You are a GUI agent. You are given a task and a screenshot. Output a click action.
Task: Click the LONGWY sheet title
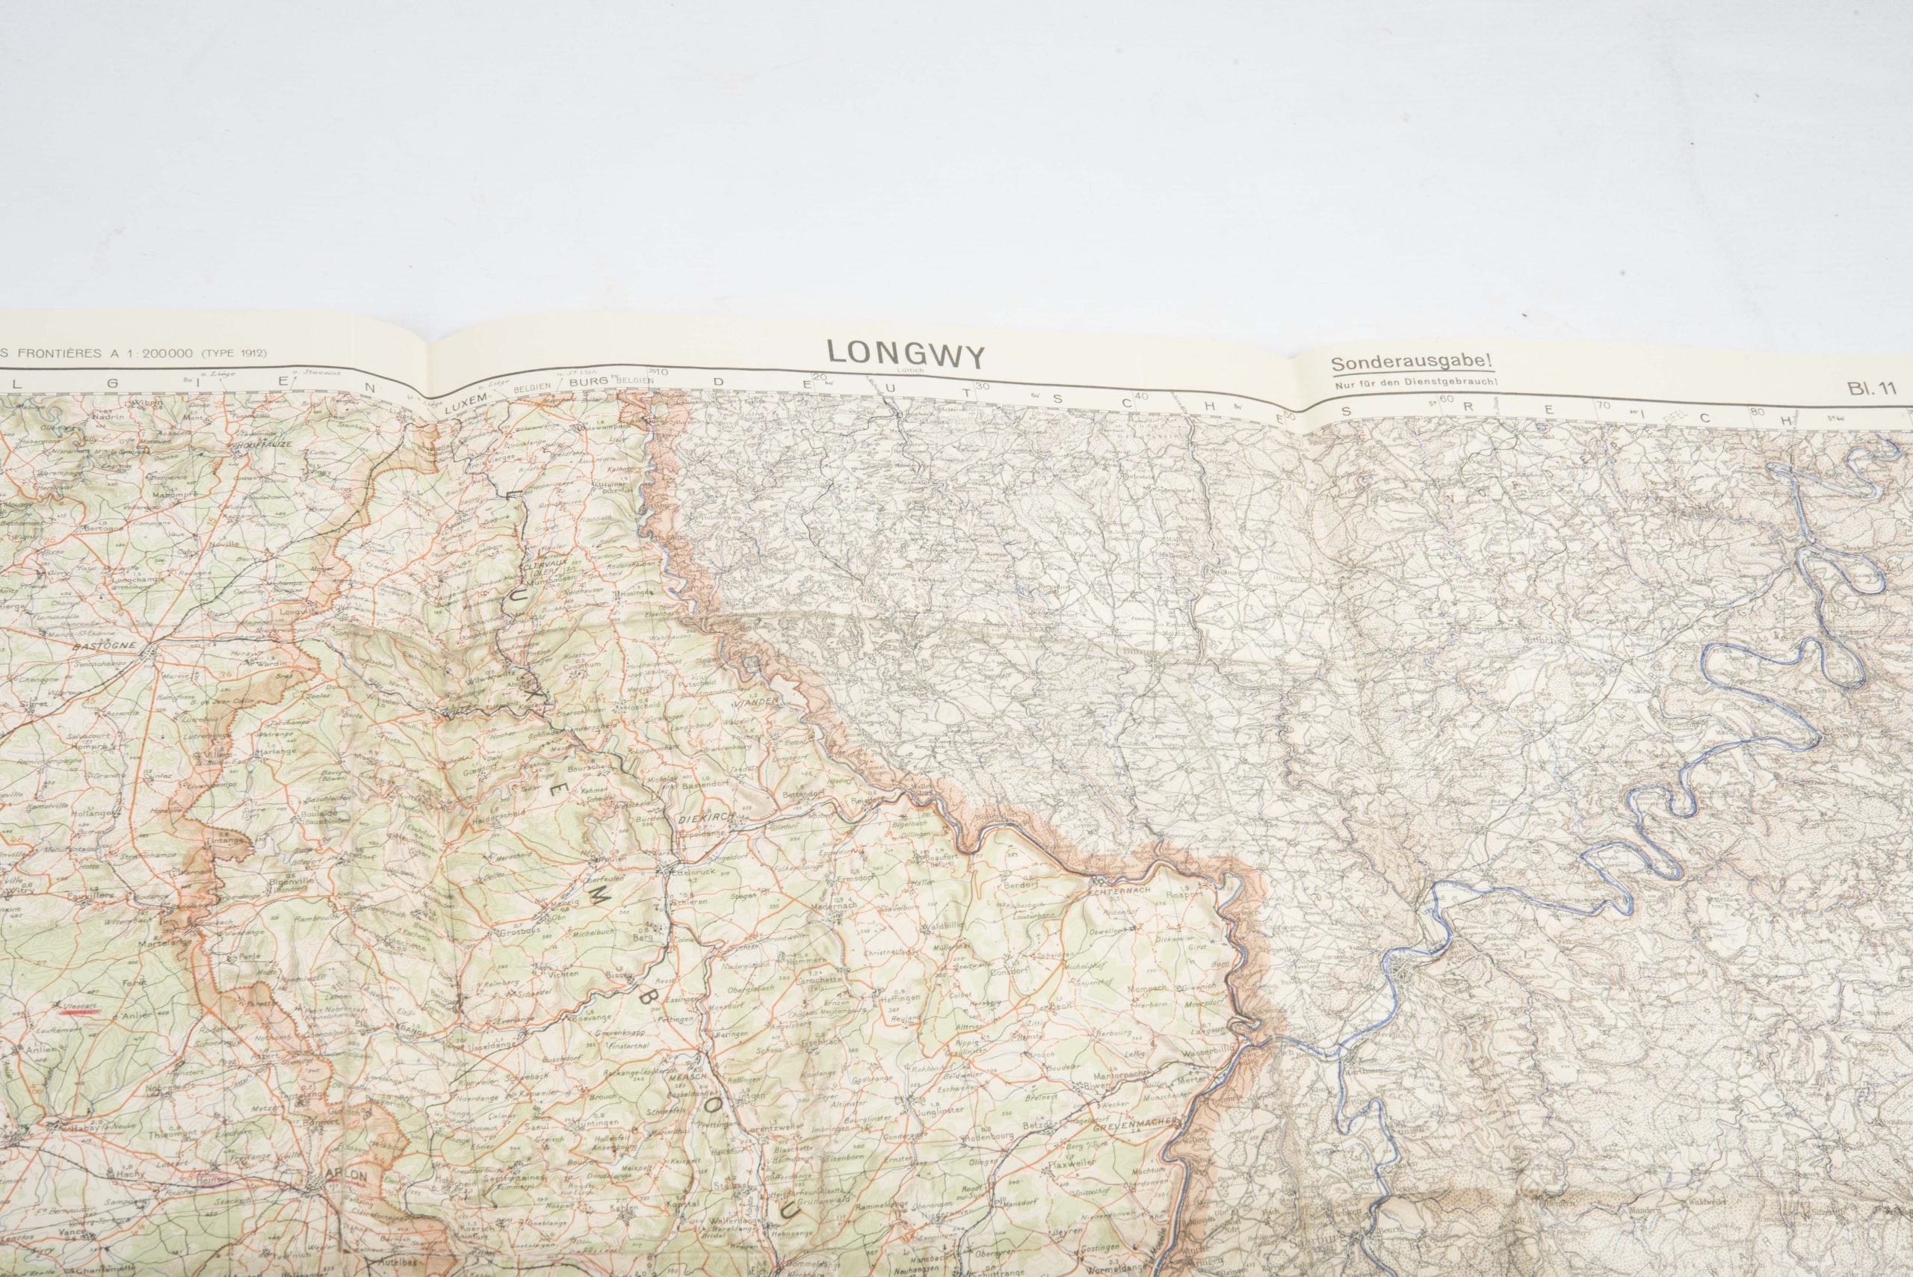coord(906,355)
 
